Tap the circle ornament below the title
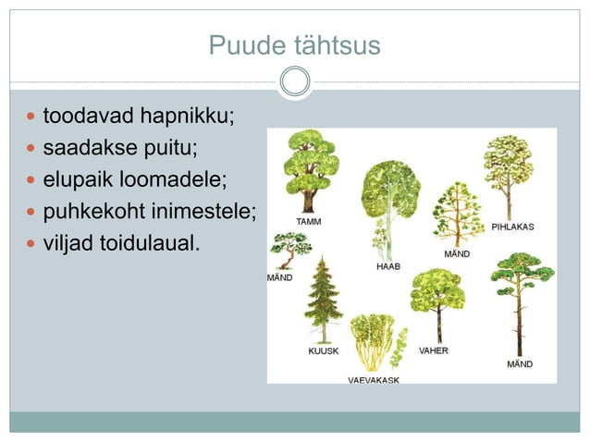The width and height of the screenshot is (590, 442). tap(295, 81)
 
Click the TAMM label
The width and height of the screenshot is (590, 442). tap(309, 222)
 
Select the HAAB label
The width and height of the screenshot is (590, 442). tap(388, 265)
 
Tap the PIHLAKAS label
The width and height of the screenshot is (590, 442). tap(511, 227)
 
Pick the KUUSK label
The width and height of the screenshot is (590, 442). tap(323, 351)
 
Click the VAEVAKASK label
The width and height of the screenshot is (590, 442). tap(374, 380)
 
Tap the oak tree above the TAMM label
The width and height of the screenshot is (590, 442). tap(309, 171)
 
